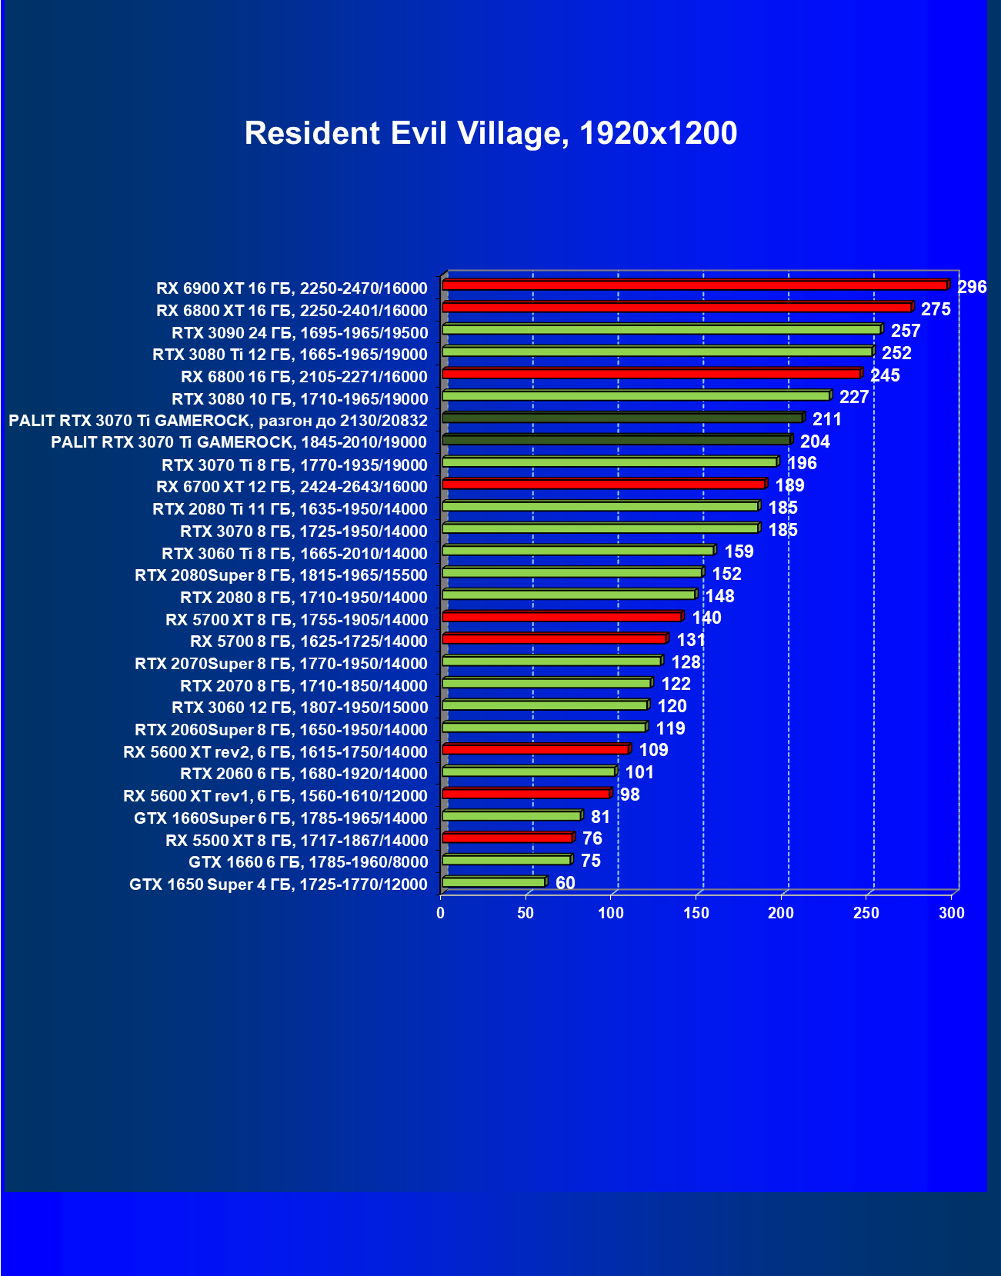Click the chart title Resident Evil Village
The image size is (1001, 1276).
[490, 133]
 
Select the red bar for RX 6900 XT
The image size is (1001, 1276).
[695, 285]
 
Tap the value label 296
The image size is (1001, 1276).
[972, 288]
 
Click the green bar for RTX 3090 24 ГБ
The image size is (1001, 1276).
[662, 329]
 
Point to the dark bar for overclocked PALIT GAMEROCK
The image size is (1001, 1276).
[622, 418]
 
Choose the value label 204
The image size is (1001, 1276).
[815, 441]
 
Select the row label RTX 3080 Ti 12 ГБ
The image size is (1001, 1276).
[289, 355]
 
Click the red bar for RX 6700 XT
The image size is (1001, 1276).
[604, 484]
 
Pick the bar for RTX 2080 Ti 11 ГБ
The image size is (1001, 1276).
[600, 506]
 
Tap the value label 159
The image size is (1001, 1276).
[739, 551]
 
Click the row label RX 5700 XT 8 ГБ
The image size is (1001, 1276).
[296, 620]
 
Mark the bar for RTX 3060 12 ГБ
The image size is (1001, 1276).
[545, 705]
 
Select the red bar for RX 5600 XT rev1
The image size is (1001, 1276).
[526, 794]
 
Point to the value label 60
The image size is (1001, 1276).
[565, 883]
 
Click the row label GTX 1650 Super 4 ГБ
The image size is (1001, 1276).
[278, 885]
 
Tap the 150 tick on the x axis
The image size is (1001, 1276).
[696, 913]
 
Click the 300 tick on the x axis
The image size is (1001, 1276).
[952, 913]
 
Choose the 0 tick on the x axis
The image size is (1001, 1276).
[441, 913]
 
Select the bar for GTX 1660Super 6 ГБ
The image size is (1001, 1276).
[512, 815]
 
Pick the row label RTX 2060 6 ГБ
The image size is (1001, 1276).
[303, 774]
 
